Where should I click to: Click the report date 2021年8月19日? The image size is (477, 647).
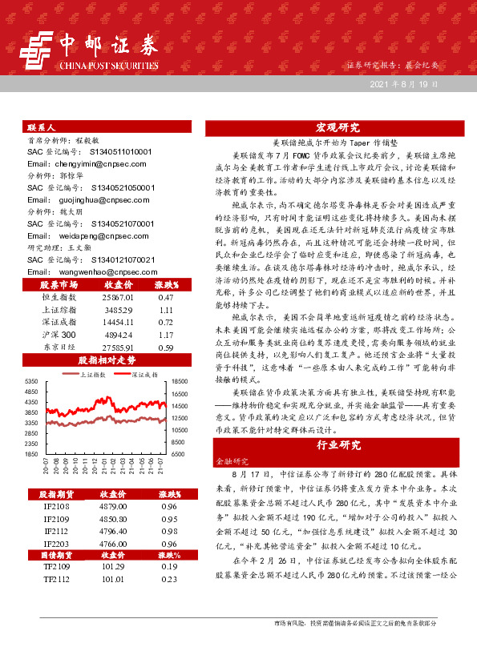pyautogui.click(x=404, y=84)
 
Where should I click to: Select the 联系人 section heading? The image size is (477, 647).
pyautogui.click(x=41, y=127)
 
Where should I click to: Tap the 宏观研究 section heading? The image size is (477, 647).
pyautogui.click(x=337, y=127)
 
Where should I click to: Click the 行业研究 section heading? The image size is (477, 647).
pyautogui.click(x=337, y=444)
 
